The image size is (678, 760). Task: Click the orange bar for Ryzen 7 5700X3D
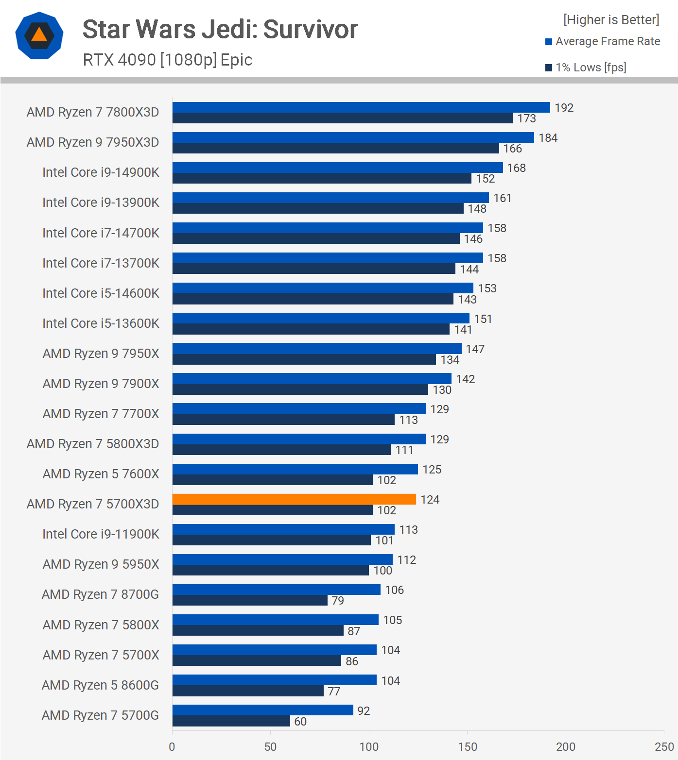coord(294,499)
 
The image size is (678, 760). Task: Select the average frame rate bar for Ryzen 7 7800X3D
coord(361,107)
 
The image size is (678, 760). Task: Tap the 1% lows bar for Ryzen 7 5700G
coord(231,721)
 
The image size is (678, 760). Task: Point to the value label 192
coord(564,108)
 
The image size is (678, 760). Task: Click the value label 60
coord(300,722)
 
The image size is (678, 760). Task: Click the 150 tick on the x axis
coord(467,746)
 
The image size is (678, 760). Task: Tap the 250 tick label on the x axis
coord(663,746)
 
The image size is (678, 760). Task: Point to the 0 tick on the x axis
coord(172,746)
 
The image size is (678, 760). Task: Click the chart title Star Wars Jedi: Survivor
coord(220,29)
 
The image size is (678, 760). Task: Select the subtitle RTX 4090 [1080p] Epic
coord(168,60)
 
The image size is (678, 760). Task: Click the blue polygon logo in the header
coord(39,35)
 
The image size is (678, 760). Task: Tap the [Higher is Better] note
coord(611,20)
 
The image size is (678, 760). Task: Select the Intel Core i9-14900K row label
coord(101,172)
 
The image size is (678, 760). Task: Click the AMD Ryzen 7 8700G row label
coord(100,594)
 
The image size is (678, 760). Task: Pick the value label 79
coord(337,601)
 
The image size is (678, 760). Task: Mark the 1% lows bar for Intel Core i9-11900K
coord(272,540)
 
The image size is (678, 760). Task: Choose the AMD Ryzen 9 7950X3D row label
coord(93,142)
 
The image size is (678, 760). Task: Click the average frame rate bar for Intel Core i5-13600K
coord(321,318)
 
